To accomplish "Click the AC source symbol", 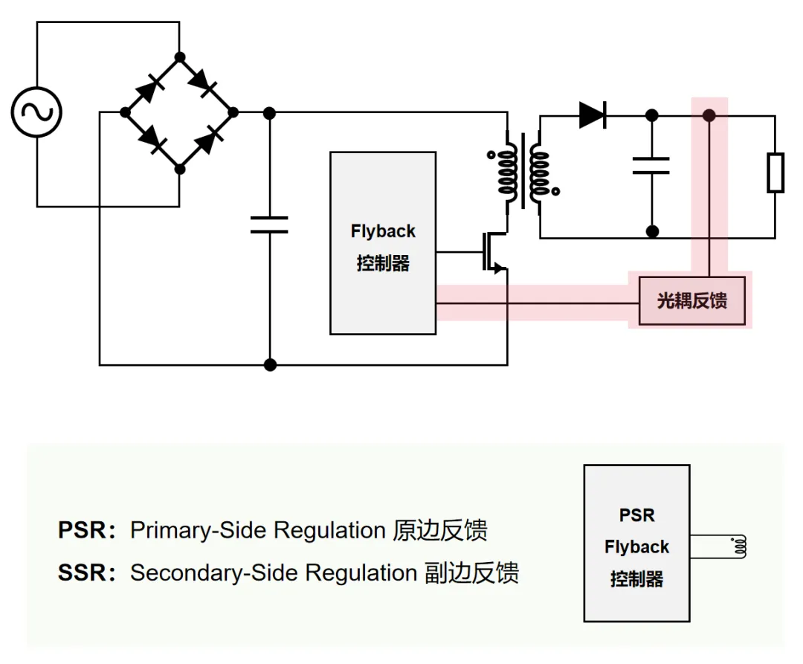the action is [36, 112].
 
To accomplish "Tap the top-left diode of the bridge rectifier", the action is [150, 88].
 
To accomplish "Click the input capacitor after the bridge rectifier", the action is [269, 225].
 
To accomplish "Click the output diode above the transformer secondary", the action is [593, 115].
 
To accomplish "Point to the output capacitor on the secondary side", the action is [651, 166].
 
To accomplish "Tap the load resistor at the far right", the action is [775, 173].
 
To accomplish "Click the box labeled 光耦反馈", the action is [692, 300].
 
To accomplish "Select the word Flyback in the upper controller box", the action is [383, 231].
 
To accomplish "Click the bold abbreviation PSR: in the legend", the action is [86, 530].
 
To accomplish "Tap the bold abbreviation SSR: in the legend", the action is [86, 573].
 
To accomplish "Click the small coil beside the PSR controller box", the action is [740, 547].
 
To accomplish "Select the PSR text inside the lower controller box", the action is [637, 515].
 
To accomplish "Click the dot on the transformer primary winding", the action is [491, 155].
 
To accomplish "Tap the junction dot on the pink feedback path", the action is [709, 116].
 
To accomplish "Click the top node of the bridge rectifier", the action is [179, 57].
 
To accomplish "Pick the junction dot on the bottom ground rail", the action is [270, 365].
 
